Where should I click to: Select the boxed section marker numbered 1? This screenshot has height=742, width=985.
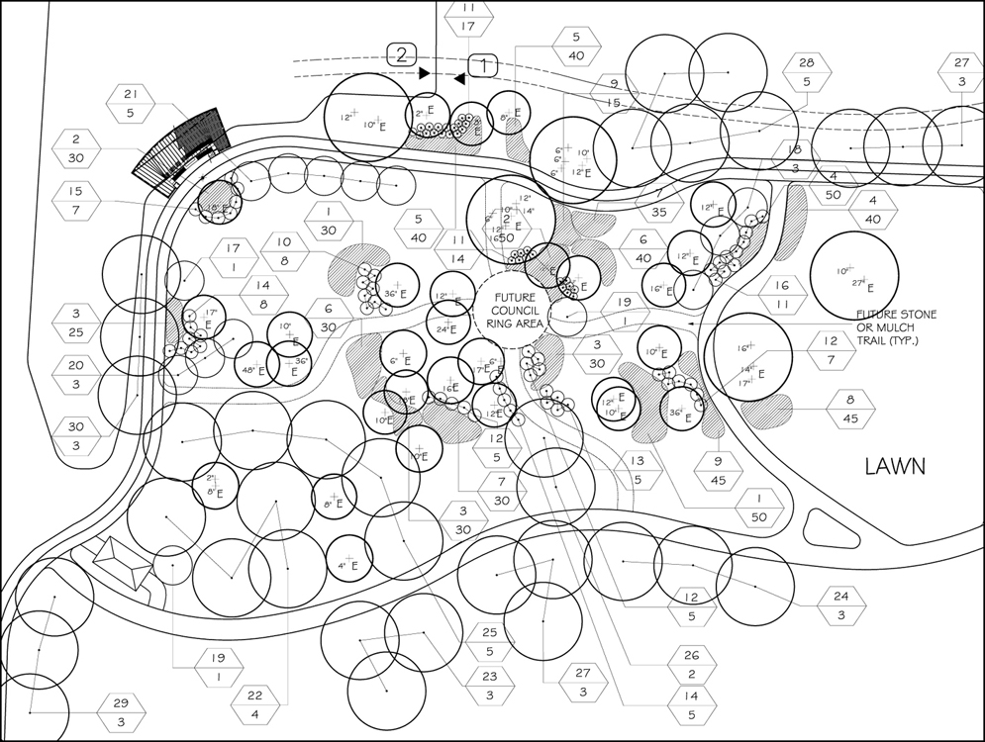[x=483, y=65]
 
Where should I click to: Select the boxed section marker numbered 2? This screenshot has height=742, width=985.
[x=401, y=55]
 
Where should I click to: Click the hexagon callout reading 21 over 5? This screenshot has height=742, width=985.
[x=130, y=104]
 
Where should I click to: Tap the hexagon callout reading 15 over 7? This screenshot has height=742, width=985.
[x=75, y=200]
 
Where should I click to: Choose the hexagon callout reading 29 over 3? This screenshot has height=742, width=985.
[x=121, y=712]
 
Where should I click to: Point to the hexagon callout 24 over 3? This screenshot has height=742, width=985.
[x=841, y=605]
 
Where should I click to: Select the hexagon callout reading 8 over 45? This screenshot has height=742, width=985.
[x=850, y=410]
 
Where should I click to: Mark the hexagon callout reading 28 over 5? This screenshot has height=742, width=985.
[x=807, y=73]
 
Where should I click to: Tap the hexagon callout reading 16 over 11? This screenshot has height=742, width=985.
[x=782, y=295]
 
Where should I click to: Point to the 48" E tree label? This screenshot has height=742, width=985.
[x=250, y=370]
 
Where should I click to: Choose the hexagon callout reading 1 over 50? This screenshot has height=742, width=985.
[x=759, y=508]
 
